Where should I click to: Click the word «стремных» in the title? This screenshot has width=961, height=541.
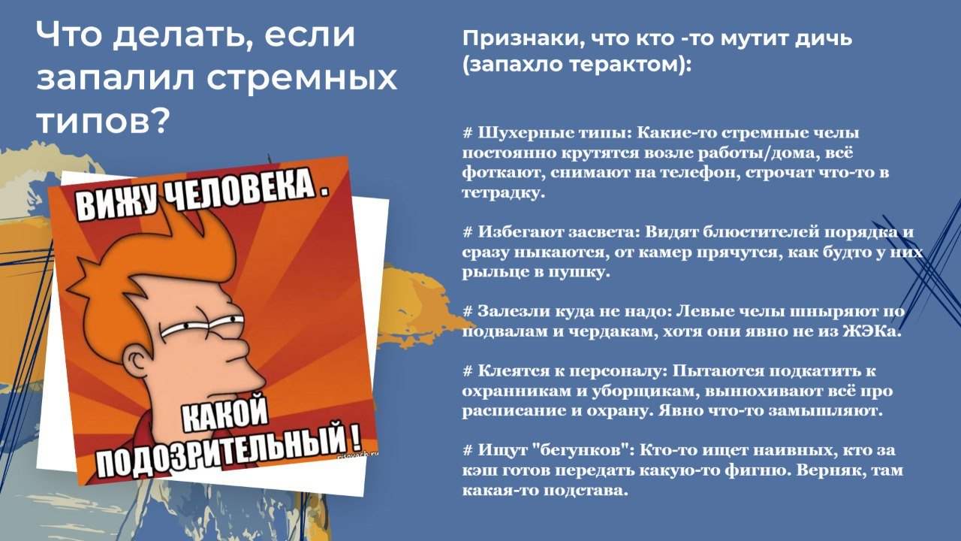[302, 79]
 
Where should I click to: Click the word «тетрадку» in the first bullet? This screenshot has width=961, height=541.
[503, 192]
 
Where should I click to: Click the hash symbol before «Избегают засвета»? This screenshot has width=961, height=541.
[467, 232]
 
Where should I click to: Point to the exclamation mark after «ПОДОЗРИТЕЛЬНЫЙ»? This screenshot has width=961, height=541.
[355, 436]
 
